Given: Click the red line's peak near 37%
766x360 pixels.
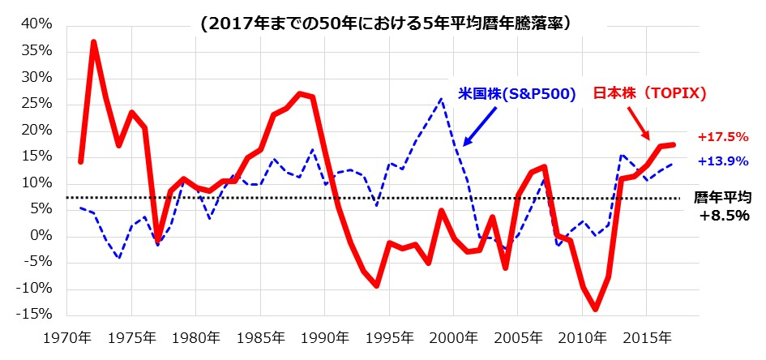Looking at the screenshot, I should point(94,42).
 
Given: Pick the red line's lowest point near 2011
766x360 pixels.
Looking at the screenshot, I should point(595,309).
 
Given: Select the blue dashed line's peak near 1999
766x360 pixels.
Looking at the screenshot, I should point(441,100).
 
